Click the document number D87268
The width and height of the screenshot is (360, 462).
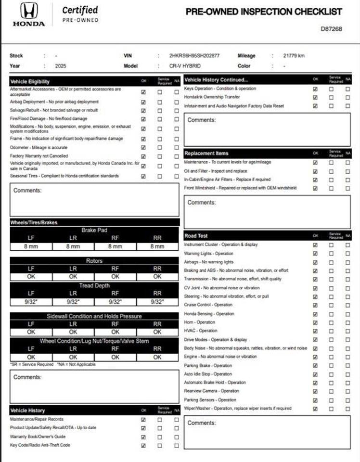[331, 29]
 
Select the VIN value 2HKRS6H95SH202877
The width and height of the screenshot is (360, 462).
[194, 56]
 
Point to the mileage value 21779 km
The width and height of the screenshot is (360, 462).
[294, 56]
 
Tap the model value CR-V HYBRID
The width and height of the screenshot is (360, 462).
[185, 66]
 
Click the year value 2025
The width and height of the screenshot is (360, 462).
[60, 66]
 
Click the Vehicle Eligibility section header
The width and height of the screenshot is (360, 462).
[30, 81]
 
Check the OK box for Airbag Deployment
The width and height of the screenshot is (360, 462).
[143, 102]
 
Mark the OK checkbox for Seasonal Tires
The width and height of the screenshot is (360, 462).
[143, 176]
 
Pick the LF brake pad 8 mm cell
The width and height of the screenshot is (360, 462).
[31, 246]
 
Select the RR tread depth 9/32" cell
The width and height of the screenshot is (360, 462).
[157, 302]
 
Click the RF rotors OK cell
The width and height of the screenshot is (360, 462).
[115, 277]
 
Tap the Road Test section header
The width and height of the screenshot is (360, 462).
[196, 236]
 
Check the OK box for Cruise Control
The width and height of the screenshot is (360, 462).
[315, 305]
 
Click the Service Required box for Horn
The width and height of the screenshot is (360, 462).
[331, 322]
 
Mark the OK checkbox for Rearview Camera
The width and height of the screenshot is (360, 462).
[315, 391]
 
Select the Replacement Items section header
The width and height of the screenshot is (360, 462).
[206, 154]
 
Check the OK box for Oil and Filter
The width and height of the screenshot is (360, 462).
[315, 171]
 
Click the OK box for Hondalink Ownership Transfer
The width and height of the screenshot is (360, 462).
[315, 97]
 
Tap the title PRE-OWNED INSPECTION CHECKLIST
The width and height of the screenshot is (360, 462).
[264, 12]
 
